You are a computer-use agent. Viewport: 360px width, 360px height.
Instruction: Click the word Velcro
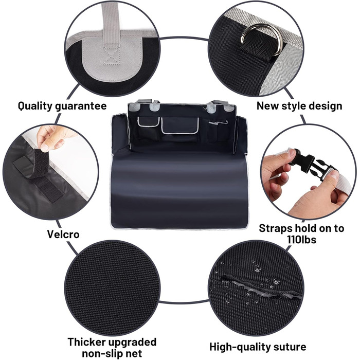point(63,235)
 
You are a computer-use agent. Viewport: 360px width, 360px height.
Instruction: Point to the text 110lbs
point(301,240)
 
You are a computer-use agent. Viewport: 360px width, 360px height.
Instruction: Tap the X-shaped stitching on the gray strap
point(112,56)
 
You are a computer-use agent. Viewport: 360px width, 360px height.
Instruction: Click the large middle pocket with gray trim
point(180,125)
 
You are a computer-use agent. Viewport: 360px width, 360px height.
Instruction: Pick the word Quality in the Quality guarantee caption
point(35,106)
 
